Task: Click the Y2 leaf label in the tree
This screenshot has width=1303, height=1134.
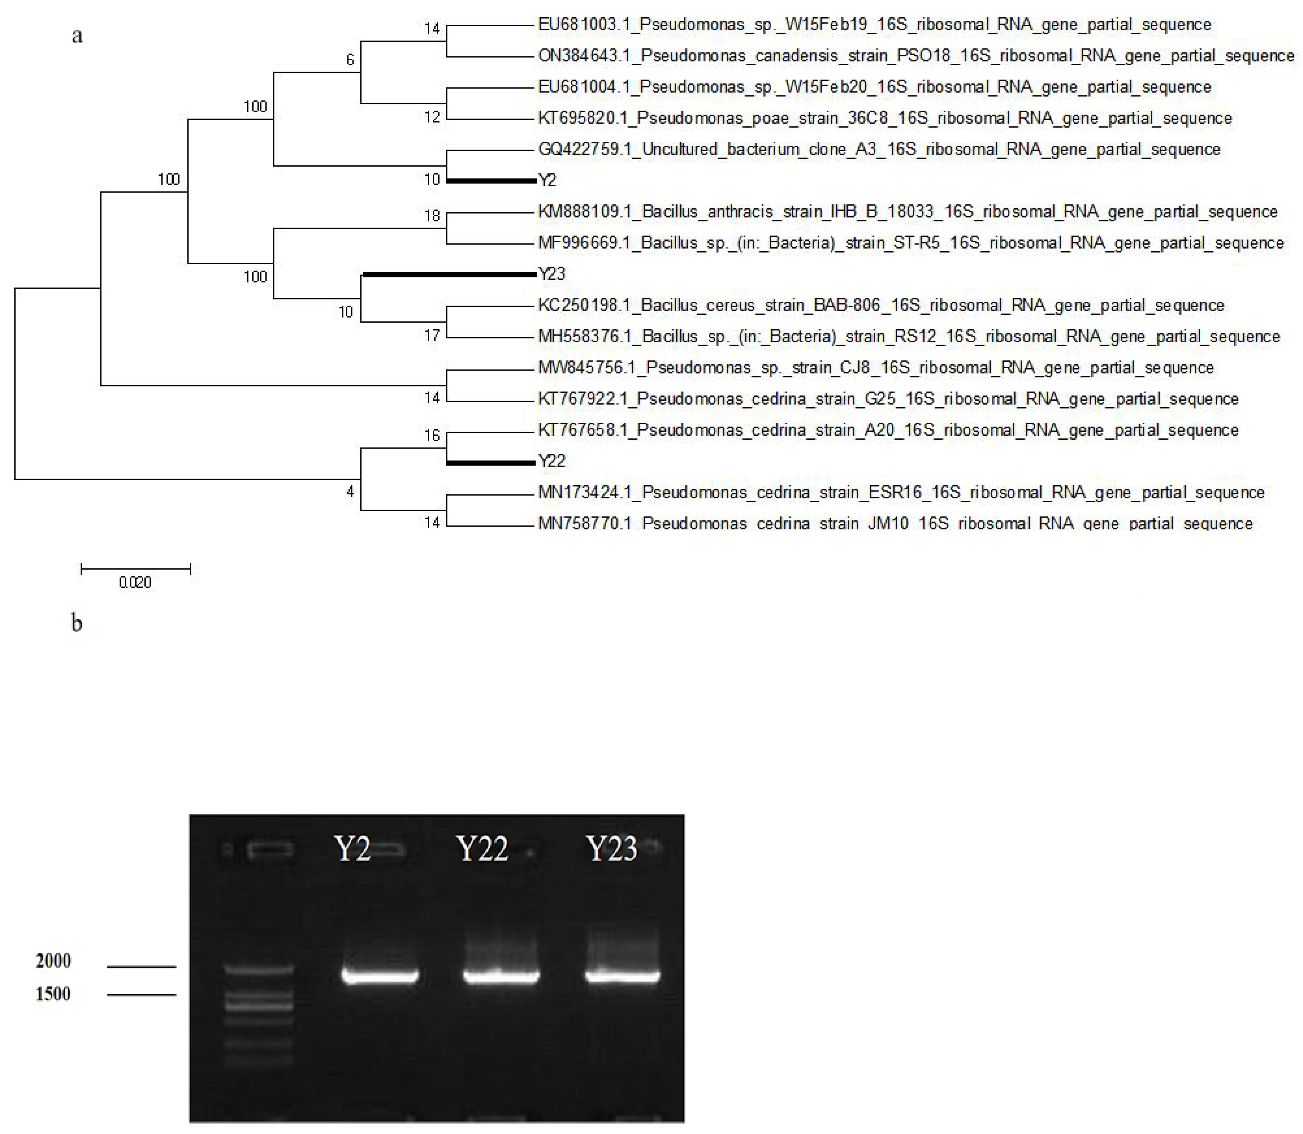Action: coord(548,180)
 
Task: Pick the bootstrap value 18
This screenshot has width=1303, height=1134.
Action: coord(432,216)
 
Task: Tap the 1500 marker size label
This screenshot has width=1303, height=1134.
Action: coord(53,994)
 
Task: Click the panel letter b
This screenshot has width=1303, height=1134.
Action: coord(77,623)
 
